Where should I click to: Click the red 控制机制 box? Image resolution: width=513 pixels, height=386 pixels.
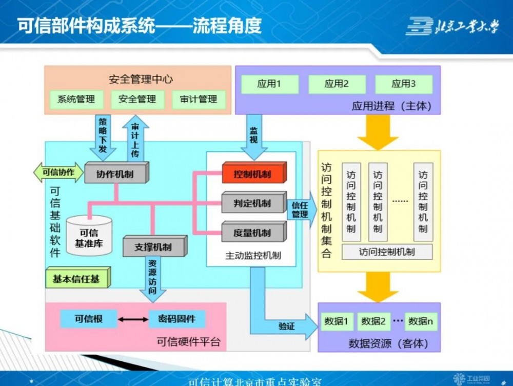253,174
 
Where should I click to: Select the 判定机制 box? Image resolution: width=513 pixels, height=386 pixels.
253,203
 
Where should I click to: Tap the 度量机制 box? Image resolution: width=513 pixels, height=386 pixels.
253,233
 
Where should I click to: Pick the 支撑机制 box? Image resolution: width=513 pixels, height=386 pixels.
154,247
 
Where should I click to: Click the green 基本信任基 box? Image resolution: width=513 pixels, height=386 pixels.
77,279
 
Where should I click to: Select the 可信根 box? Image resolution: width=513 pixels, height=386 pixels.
88,319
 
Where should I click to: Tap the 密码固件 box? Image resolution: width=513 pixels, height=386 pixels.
177,319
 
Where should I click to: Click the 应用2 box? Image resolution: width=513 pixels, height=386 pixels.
337,84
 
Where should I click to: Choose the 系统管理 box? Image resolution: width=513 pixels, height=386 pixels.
76,99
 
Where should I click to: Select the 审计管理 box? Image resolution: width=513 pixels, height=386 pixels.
199,99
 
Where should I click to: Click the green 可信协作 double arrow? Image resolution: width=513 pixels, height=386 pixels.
58,172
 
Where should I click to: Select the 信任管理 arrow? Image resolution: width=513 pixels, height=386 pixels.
300,210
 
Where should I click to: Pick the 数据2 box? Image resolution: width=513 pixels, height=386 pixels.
373,321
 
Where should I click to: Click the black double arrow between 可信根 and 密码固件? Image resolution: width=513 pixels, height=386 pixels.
132,319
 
